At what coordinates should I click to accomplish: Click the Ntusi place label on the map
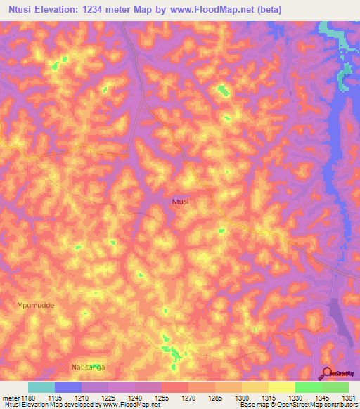click(x=181, y=202)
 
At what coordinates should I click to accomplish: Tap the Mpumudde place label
click(x=35, y=306)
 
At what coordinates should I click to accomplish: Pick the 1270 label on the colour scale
click(x=174, y=398)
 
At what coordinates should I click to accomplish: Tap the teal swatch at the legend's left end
click(x=41, y=387)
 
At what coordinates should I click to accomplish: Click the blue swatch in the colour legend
click(x=67, y=387)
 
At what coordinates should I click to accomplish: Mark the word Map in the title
click(x=148, y=9)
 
